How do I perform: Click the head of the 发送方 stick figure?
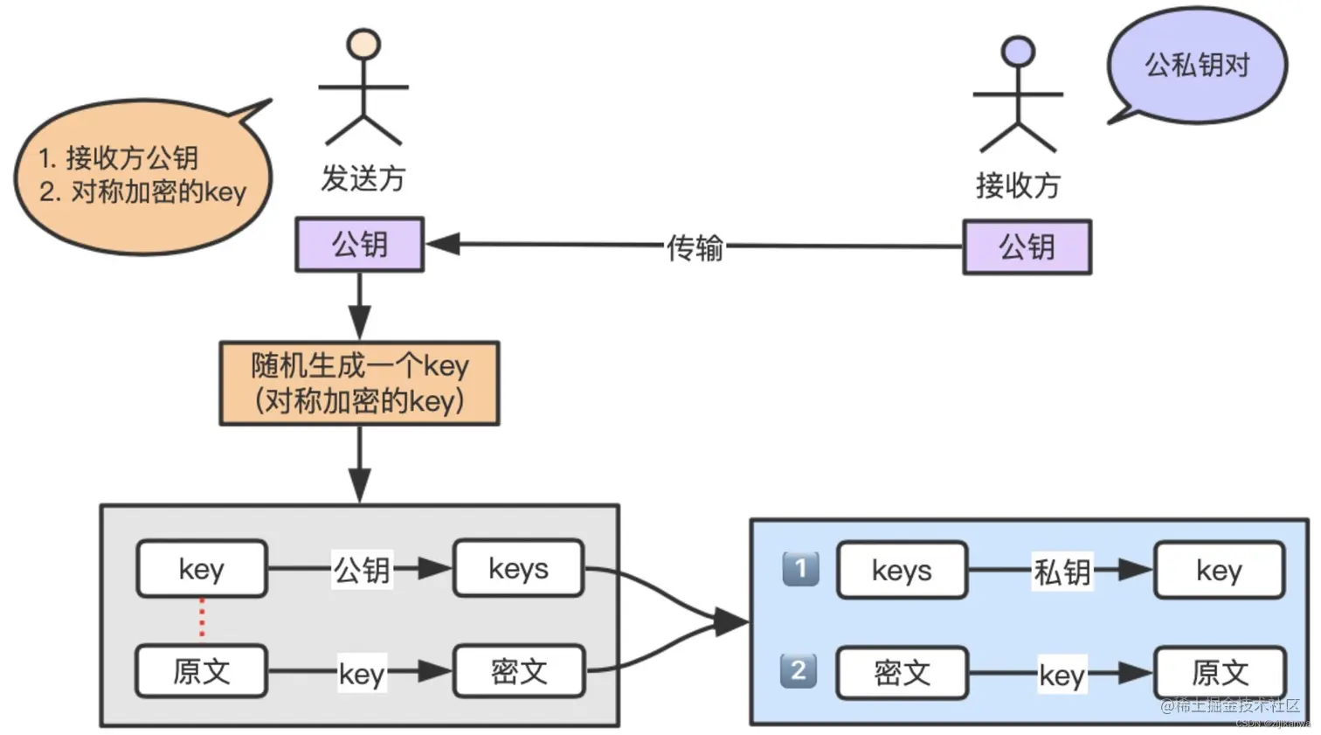tap(363, 44)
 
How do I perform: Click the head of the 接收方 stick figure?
tap(1018, 51)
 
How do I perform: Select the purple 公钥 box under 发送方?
tap(359, 245)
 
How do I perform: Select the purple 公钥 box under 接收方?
tap(1027, 247)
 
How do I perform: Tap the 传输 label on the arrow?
tap(695, 247)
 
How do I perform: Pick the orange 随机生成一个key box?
tap(359, 384)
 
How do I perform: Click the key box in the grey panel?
tap(202, 569)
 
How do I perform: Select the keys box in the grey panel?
tap(518, 569)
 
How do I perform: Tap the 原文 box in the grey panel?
tap(202, 671)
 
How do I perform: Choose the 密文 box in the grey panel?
tap(518, 671)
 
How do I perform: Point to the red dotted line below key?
tap(202, 619)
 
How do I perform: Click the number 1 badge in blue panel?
tap(800, 568)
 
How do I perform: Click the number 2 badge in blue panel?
tap(799, 670)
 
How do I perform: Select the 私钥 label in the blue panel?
tap(1062, 572)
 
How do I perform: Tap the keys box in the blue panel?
tap(902, 571)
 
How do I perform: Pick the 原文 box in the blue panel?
tap(1220, 673)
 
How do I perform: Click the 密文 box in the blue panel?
tap(902, 673)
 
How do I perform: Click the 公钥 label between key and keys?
tap(362, 570)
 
